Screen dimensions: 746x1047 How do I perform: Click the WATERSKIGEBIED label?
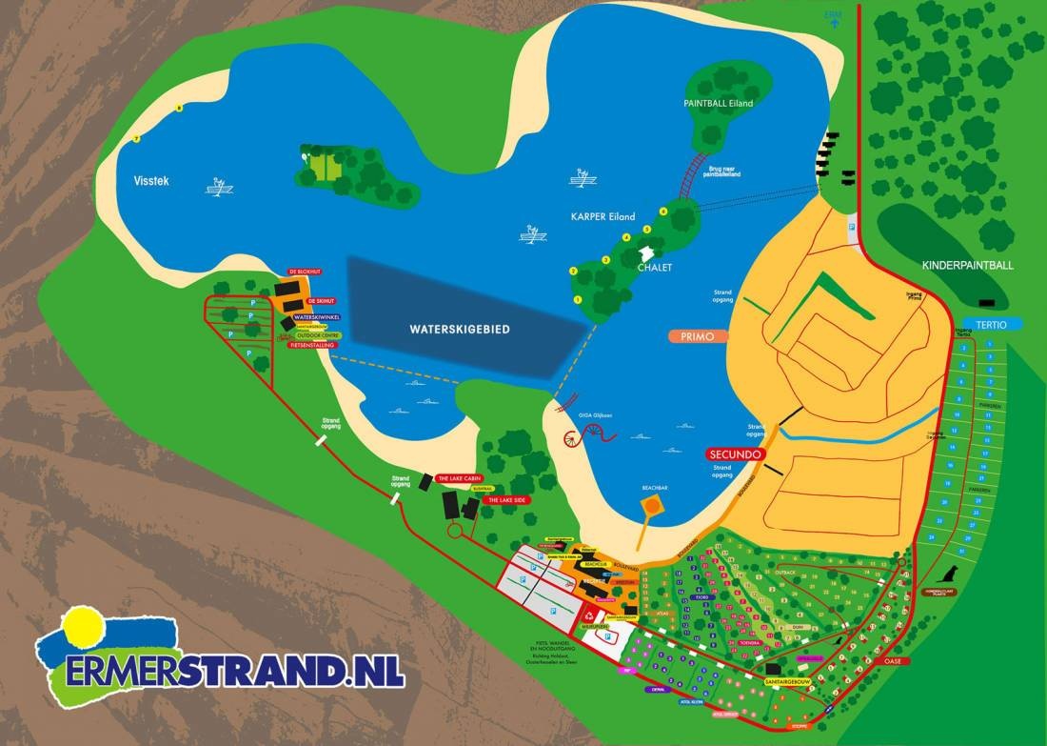pyautogui.click(x=460, y=329)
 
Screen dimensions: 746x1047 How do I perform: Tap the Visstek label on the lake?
pyautogui.click(x=150, y=180)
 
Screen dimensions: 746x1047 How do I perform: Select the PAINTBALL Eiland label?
pyautogui.click(x=718, y=102)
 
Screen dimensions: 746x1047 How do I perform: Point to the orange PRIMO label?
pyautogui.click(x=698, y=336)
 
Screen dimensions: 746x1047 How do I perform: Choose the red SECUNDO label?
pyautogui.click(x=734, y=455)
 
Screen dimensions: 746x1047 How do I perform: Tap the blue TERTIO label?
pyautogui.click(x=992, y=324)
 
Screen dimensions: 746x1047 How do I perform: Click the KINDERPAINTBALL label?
pyautogui.click(x=966, y=265)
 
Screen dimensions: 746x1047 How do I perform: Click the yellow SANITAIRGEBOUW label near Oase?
pyautogui.click(x=791, y=681)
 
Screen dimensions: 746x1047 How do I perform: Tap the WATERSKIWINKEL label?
pyautogui.click(x=317, y=316)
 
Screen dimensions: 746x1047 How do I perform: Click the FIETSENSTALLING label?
pyautogui.click(x=310, y=345)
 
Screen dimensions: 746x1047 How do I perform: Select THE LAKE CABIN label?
pyautogui.click(x=460, y=478)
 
